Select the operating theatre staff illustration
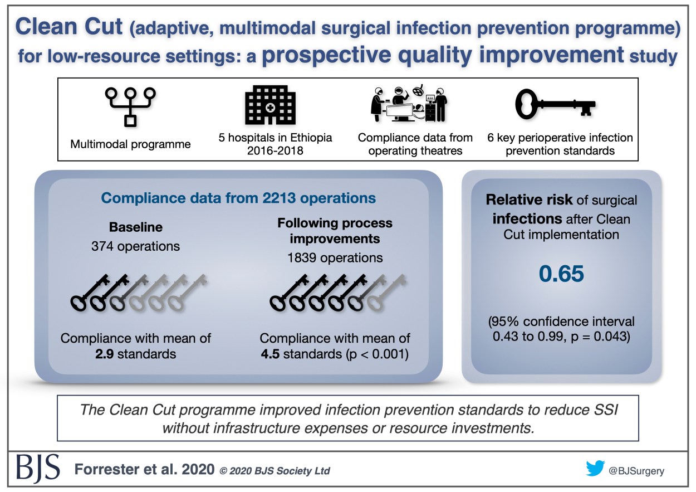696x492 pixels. (x=409, y=105)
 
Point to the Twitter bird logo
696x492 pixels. (x=595, y=469)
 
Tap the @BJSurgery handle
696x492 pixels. (x=636, y=470)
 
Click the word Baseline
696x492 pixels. (x=135, y=228)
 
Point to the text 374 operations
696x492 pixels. (x=135, y=246)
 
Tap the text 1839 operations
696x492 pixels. (x=335, y=257)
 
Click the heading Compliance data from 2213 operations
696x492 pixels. (x=238, y=198)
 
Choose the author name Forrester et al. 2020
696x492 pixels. (x=144, y=470)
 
